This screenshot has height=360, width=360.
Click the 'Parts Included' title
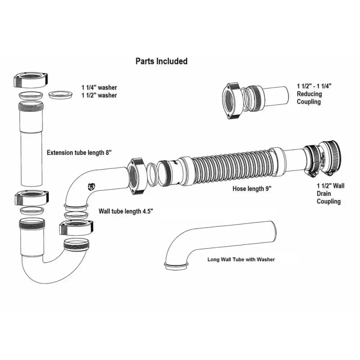coord(162,61)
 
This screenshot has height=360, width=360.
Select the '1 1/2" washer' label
coord(99,95)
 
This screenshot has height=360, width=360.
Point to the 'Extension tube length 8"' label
coord(79,153)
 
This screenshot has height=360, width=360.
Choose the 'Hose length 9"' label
coord(252,189)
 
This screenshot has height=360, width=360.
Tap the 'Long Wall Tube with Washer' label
coord(241,259)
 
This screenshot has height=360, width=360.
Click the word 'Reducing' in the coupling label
coord(309,94)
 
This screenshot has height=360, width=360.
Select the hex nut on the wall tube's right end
coord(135,175)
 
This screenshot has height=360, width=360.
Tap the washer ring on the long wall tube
coord(175,265)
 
